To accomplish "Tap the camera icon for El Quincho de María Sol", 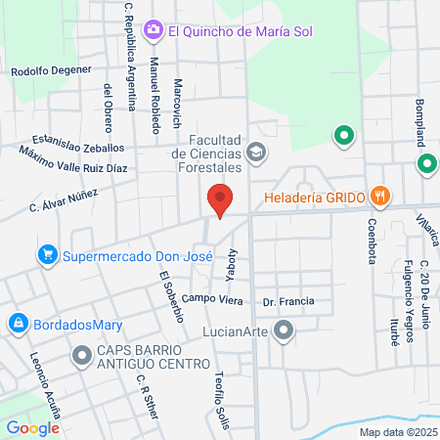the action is [154, 31].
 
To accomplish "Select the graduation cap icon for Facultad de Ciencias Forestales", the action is [255, 152].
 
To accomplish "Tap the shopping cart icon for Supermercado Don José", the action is [46, 257].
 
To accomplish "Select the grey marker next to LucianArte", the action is [284, 333].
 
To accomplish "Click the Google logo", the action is [32, 427].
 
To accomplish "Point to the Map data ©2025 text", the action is [396, 431].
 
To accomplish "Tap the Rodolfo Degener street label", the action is [51, 70].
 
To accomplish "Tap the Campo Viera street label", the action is [213, 298].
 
